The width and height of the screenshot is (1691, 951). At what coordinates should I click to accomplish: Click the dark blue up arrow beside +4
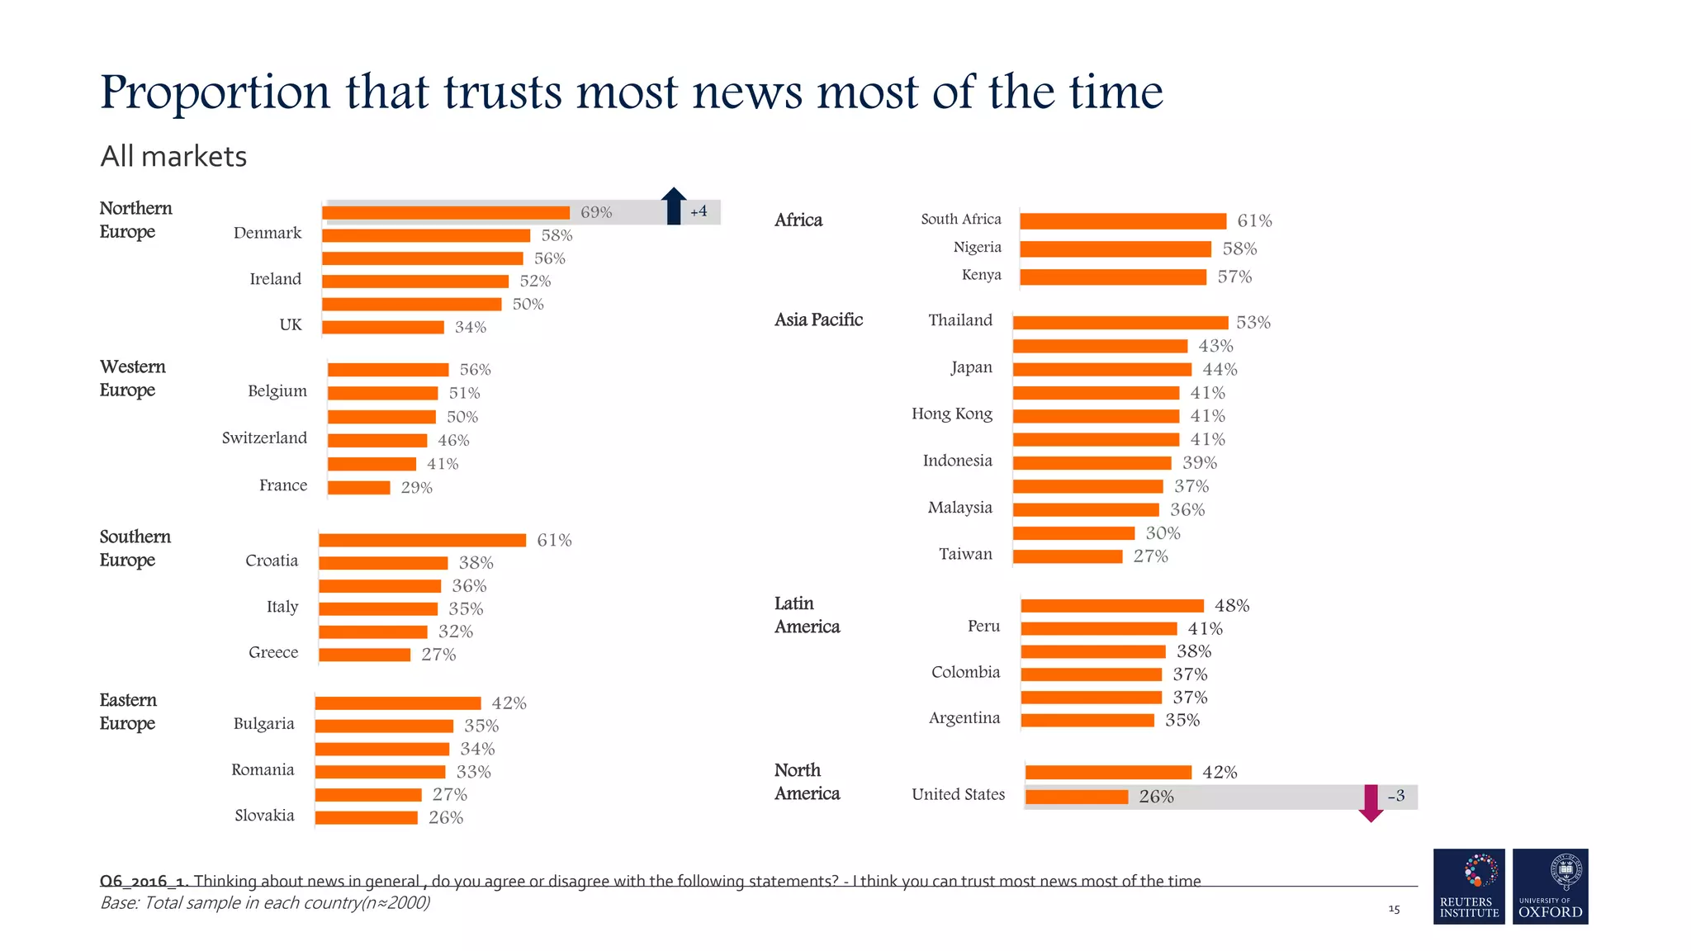[674, 206]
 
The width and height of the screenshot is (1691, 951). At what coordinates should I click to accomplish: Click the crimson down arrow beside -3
[1371, 803]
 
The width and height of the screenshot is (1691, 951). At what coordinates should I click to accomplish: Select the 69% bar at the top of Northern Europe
[446, 213]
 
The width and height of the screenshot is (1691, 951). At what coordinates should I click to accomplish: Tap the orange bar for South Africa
[1123, 221]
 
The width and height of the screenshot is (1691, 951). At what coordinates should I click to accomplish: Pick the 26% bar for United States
[1077, 797]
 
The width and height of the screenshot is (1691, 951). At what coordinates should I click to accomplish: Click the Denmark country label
[268, 234]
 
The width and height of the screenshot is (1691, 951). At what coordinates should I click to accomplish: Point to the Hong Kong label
[951, 414]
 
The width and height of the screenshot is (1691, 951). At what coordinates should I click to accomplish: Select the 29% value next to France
[417, 488]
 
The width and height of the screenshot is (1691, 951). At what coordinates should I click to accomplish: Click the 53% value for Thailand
[1253, 323]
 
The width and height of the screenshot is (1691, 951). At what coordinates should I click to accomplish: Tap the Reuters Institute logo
[1469, 886]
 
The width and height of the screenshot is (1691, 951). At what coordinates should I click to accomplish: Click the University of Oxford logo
[1550, 886]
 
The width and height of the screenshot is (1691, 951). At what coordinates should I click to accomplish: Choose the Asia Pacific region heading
[818, 320]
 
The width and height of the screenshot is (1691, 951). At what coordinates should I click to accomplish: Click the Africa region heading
[798, 220]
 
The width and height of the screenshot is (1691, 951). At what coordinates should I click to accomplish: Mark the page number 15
[1394, 909]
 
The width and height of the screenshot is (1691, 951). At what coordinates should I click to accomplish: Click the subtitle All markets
[173, 157]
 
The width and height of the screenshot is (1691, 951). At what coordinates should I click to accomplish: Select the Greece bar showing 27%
[364, 655]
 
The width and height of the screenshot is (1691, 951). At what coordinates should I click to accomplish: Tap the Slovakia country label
[264, 816]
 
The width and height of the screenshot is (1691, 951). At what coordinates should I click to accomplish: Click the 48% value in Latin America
[1232, 606]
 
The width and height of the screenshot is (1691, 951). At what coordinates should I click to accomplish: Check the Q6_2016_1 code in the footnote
[144, 881]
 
